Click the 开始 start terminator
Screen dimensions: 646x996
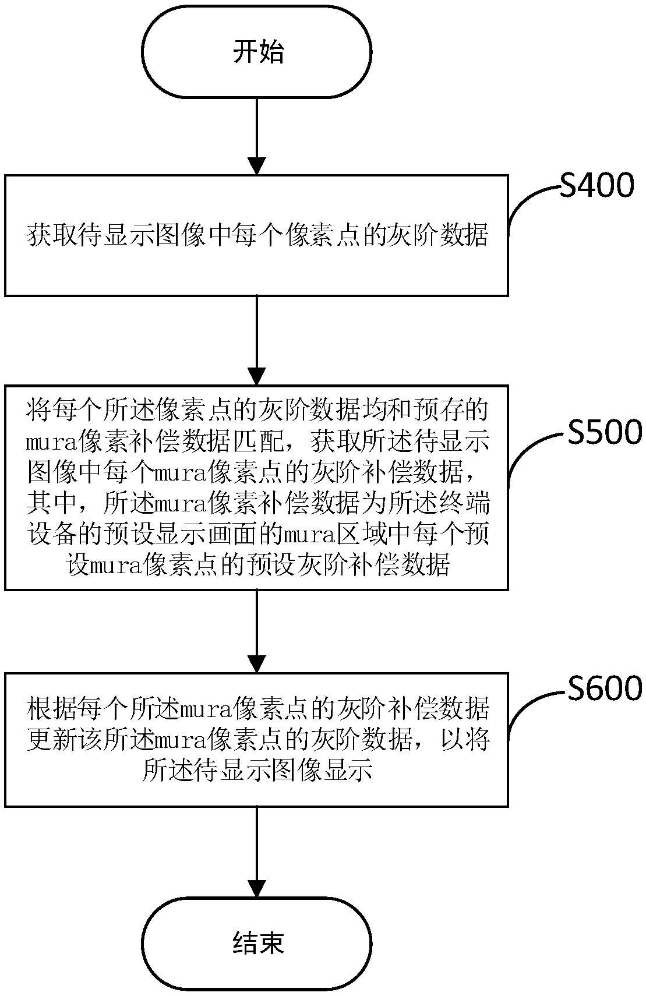click(256, 52)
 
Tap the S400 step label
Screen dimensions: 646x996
click(596, 185)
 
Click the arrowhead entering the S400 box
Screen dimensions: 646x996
click(257, 166)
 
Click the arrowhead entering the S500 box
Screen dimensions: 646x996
click(257, 376)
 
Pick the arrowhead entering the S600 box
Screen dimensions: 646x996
click(257, 664)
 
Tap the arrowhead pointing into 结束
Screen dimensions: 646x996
click(257, 888)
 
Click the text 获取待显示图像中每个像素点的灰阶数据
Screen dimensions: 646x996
click(257, 235)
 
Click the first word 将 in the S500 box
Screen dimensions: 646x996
click(38, 409)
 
